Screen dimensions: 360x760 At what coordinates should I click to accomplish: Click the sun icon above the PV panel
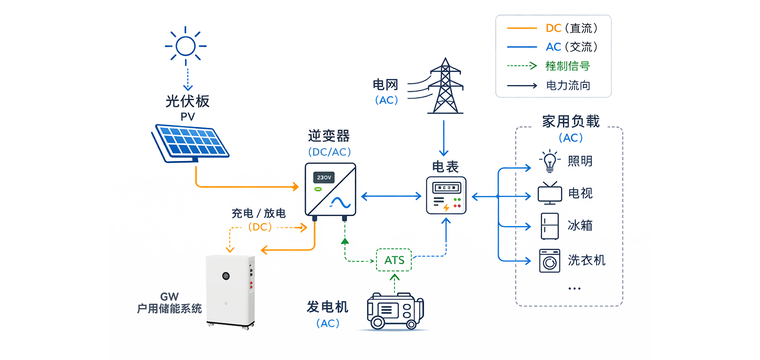186,46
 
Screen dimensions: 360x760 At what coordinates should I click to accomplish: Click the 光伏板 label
187,101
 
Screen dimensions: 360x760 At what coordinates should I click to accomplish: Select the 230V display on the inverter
324,177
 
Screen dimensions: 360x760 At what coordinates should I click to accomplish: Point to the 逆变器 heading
329,136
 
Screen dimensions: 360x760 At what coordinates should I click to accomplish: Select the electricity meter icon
446,196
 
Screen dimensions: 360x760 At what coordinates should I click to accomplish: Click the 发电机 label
327,306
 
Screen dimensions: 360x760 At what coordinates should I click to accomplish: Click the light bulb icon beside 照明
549,161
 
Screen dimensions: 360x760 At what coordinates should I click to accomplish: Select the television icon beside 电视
549,194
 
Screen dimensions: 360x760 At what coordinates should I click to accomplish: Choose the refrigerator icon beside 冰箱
549,226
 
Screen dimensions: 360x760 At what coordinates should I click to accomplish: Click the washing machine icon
549,261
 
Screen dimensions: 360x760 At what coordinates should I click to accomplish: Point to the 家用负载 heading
571,121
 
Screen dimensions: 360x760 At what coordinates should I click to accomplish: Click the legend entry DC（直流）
572,28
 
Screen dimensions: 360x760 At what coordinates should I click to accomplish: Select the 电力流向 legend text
568,85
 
